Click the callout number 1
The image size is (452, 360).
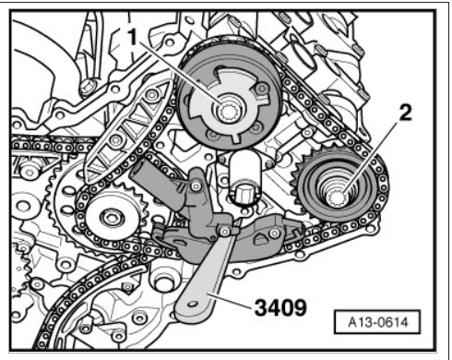click(133, 38)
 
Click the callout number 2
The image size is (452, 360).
click(405, 112)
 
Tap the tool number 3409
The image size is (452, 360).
click(280, 308)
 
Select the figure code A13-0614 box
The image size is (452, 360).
click(377, 322)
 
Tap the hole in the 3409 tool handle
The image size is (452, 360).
click(193, 304)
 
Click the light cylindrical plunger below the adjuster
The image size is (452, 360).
click(245, 178)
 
